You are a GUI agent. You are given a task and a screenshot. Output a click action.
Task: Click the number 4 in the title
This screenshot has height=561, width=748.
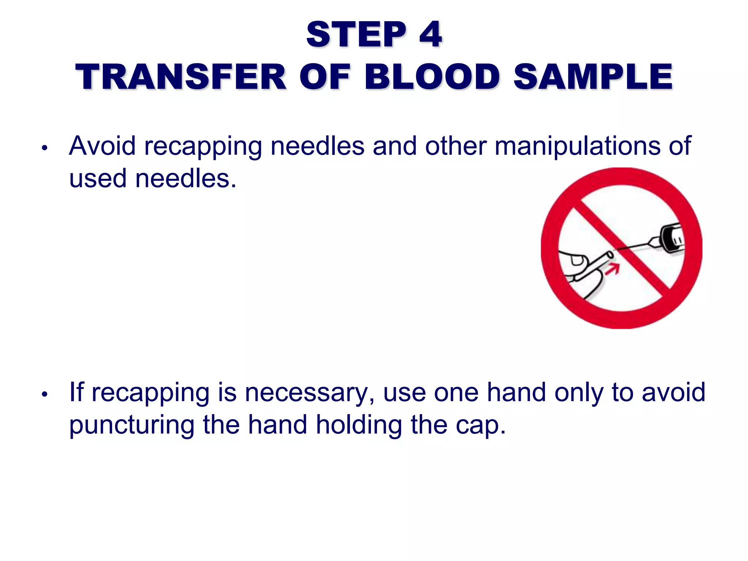431,35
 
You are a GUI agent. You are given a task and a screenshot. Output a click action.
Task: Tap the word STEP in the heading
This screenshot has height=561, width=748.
356,35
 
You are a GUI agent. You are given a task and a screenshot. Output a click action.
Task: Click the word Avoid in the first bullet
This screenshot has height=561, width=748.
103,146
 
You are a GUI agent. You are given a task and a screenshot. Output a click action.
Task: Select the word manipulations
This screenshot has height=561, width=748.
577,146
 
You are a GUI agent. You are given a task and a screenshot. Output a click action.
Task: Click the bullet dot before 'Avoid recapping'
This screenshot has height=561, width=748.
45,148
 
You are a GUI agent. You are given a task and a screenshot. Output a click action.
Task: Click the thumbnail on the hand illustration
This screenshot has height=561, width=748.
577,260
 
